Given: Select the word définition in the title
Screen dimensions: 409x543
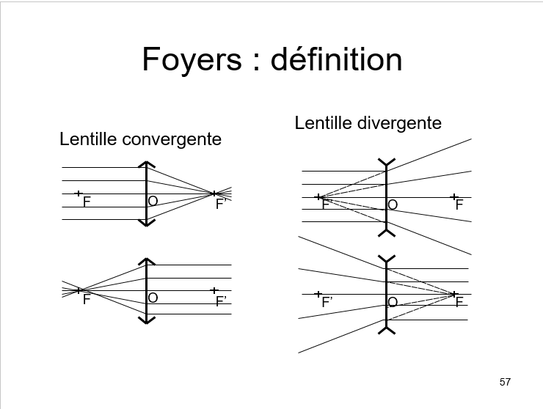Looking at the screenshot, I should (x=337, y=59).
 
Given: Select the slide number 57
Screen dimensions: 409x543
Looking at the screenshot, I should (x=505, y=382).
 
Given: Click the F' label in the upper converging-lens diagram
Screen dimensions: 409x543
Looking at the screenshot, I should (x=219, y=205).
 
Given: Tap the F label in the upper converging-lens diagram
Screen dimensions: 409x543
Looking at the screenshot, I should (x=87, y=202).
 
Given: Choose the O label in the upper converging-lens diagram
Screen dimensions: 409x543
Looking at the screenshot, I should (x=153, y=201).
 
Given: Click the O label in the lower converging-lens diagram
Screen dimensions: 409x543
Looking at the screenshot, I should (x=153, y=298).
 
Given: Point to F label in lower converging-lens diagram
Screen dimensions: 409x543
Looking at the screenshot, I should (x=87, y=299).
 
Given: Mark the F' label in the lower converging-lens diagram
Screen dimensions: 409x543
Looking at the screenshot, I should (x=220, y=301).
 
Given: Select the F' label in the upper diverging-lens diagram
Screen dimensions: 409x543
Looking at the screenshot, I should (x=327, y=205).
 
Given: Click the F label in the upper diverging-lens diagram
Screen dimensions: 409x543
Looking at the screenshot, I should (x=459, y=205).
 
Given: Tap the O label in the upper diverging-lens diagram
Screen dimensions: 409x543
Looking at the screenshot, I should (x=393, y=205).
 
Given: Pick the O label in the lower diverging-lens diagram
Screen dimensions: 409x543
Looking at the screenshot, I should (x=393, y=302).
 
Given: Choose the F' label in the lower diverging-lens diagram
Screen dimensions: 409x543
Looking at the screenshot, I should (x=327, y=302).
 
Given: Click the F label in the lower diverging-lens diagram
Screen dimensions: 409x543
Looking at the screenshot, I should (x=459, y=302).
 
